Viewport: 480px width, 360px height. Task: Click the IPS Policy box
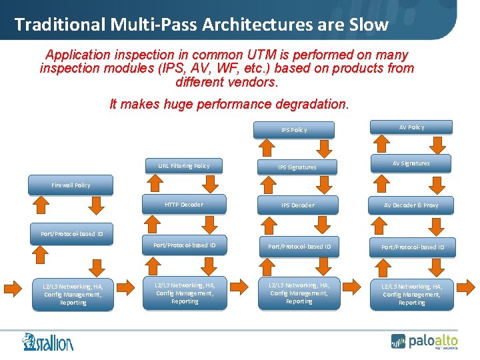click(x=294, y=129)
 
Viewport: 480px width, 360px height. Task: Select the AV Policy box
click(x=411, y=127)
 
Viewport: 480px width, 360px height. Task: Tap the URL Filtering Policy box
click(x=183, y=166)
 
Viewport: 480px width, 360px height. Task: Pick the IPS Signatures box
click(x=297, y=167)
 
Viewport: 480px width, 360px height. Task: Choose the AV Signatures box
click(x=411, y=163)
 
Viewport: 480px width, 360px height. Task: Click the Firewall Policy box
click(x=71, y=185)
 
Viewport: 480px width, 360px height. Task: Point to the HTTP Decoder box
click(x=183, y=205)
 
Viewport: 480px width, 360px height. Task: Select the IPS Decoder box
click(x=297, y=205)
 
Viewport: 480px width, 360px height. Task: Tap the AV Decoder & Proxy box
click(x=411, y=205)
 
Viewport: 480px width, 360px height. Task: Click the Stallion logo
click(x=47, y=341)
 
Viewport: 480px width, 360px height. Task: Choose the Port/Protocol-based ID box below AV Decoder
click(x=413, y=247)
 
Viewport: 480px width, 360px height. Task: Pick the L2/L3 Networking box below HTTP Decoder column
click(x=185, y=293)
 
